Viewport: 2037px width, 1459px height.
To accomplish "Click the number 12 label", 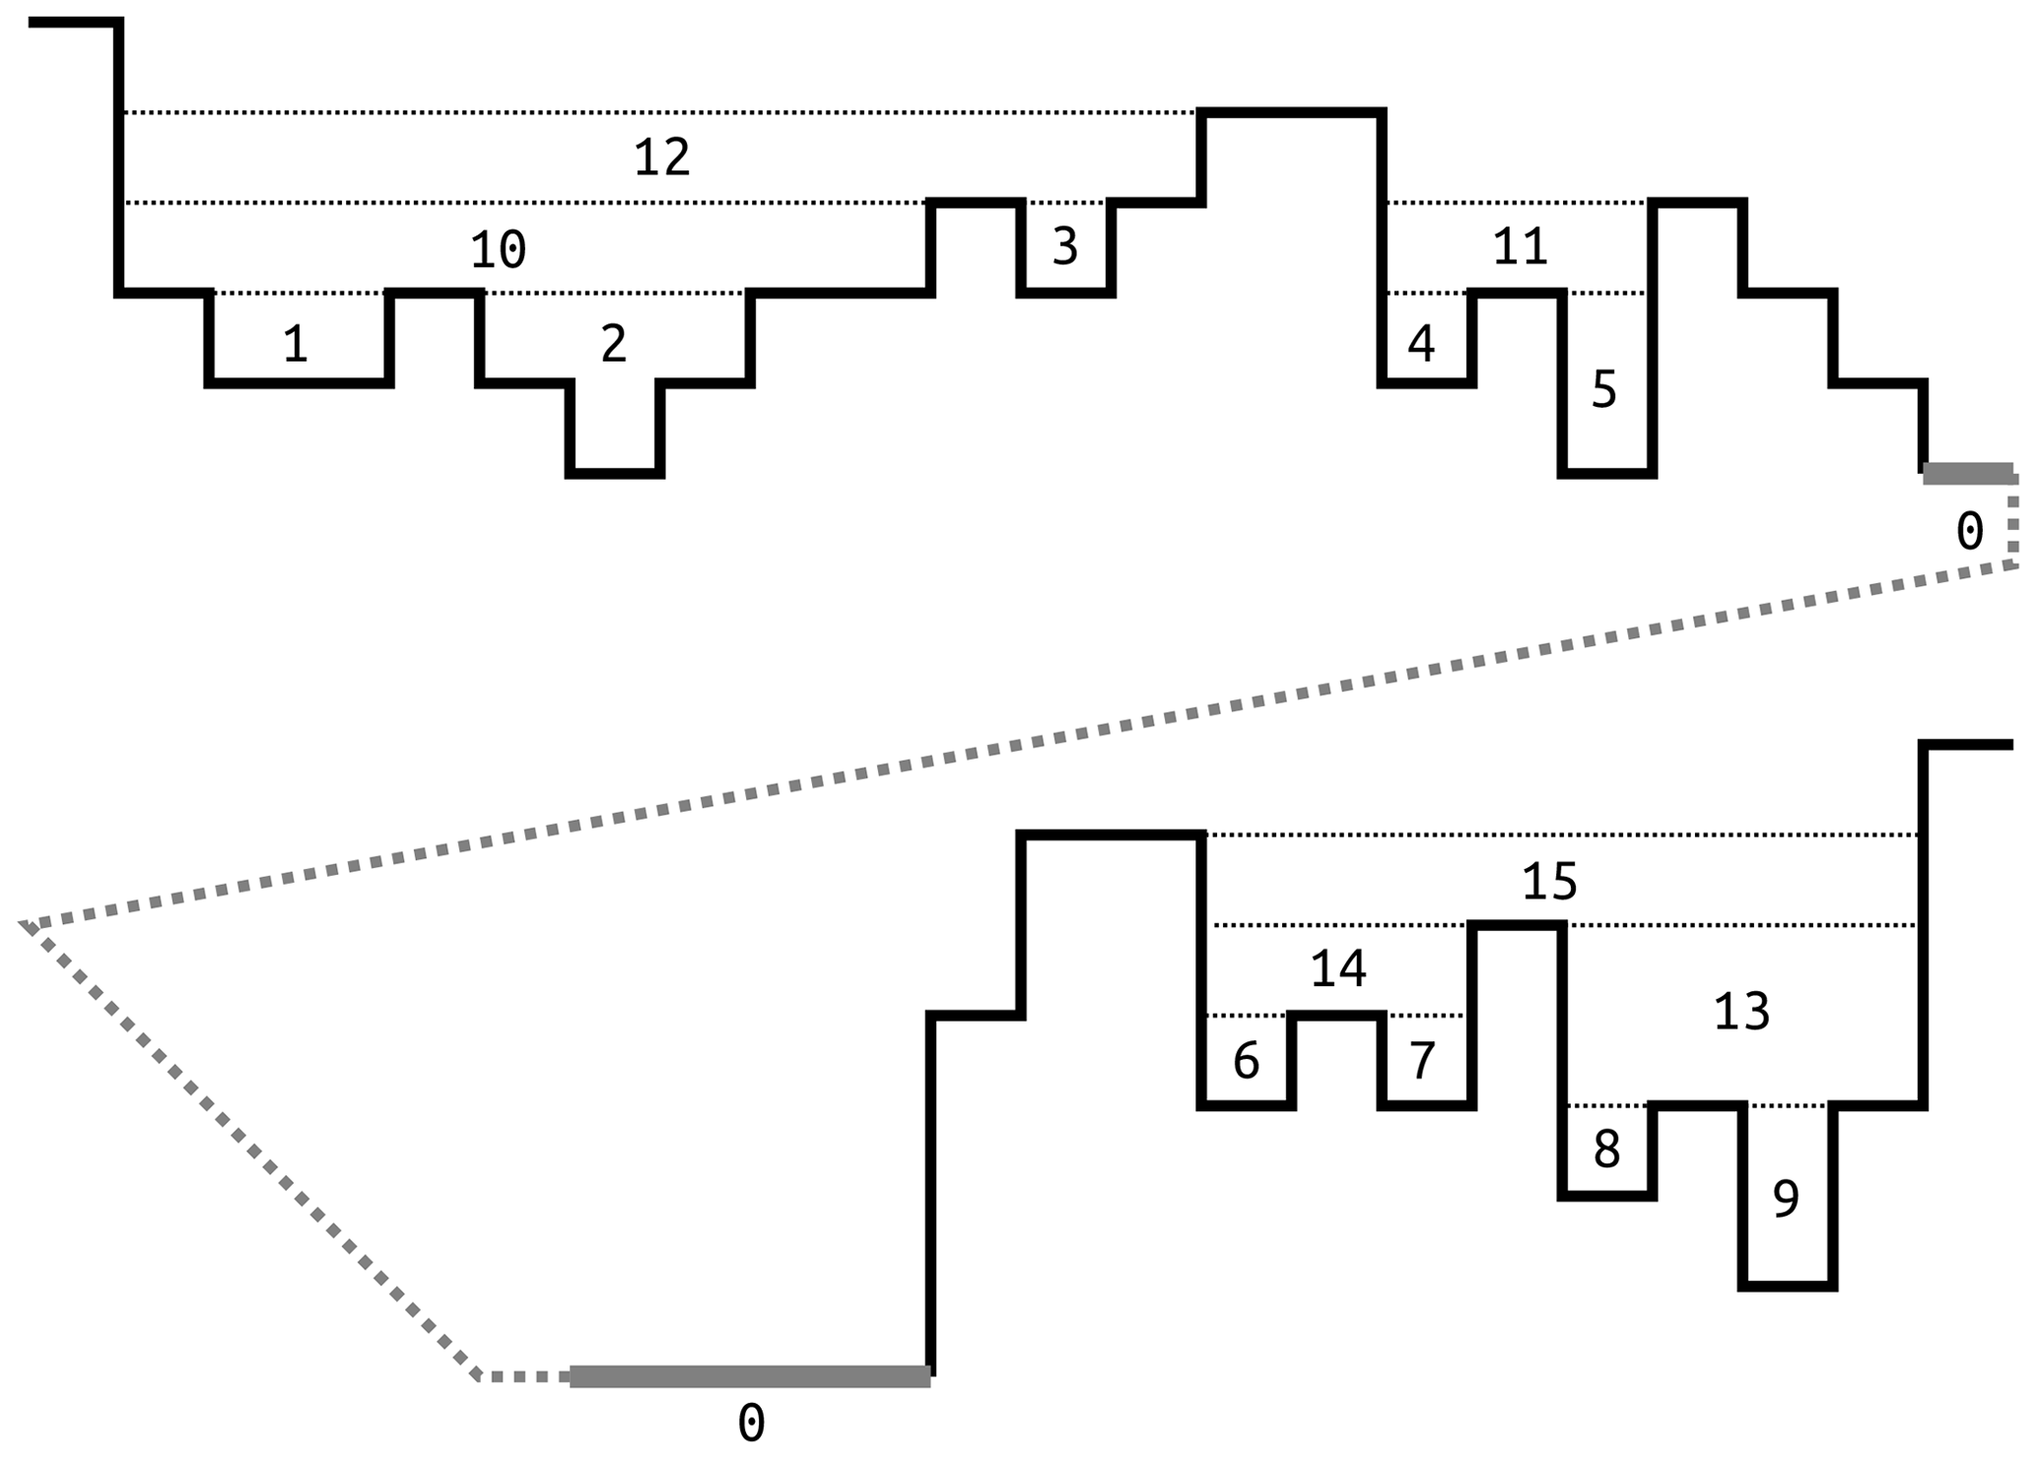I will (661, 158).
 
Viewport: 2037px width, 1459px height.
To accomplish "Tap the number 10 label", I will (498, 249).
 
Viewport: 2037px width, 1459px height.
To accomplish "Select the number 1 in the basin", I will (295, 345).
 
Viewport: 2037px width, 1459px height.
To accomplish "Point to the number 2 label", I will (613, 344).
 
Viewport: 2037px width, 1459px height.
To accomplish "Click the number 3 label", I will (1064, 246).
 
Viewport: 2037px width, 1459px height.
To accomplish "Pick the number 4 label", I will (1420, 344).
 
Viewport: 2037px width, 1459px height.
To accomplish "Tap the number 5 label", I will (1603, 390).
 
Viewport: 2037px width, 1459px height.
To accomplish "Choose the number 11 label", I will (1520, 246).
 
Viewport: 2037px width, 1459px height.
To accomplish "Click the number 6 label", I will (1246, 1061).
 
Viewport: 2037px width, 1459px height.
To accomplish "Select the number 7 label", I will (1420, 1061).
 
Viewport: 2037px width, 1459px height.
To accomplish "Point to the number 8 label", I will (1605, 1150).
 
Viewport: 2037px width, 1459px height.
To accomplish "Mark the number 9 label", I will (1785, 1199).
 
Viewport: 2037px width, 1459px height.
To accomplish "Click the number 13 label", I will (1741, 1012).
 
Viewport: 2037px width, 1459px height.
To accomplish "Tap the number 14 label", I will (1337, 969).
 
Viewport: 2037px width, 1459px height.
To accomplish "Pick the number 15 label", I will (1549, 882).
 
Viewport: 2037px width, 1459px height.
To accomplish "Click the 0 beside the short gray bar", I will (1968, 532).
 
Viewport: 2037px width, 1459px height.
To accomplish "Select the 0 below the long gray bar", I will (751, 1424).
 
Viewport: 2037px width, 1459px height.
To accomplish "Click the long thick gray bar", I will (749, 1376).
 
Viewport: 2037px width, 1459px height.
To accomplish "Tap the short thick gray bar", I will (1967, 474).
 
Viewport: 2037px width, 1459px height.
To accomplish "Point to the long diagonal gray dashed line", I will (1015, 746).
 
